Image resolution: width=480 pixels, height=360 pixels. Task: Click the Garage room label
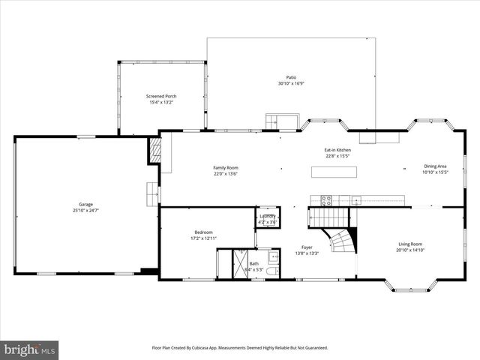[85, 205]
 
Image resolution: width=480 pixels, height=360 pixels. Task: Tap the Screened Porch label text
[161, 96]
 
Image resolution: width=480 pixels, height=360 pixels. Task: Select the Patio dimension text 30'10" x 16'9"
[290, 83]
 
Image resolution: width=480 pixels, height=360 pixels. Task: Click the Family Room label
[225, 167]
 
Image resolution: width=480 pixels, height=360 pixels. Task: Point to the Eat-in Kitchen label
[337, 150]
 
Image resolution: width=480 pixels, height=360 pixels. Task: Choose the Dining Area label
[435, 166]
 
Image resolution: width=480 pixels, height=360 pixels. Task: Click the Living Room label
[410, 244]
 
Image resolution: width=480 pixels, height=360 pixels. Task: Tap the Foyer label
[307, 247]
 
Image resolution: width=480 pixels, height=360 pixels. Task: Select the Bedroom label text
[203, 232]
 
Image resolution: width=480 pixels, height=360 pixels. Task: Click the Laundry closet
[268, 218]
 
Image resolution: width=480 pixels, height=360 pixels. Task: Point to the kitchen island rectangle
[334, 171]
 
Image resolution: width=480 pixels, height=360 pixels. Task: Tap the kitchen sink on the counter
[356, 200]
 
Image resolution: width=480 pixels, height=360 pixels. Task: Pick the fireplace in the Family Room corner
[155, 148]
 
